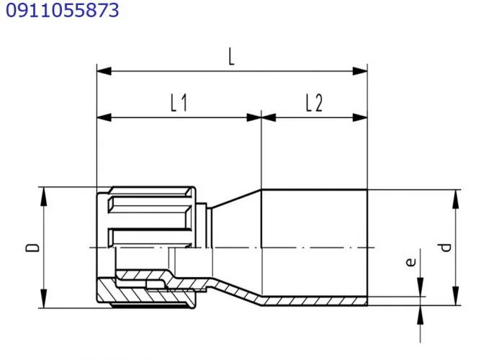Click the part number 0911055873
[x=63, y=10]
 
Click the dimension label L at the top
[x=232, y=57]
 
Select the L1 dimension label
[x=179, y=103]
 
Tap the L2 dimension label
[x=314, y=103]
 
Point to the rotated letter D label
[x=32, y=247]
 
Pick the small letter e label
[x=411, y=261]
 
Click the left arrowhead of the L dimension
[x=104, y=71]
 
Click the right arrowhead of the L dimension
[x=360, y=71]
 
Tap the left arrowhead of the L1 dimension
[x=104, y=117]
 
